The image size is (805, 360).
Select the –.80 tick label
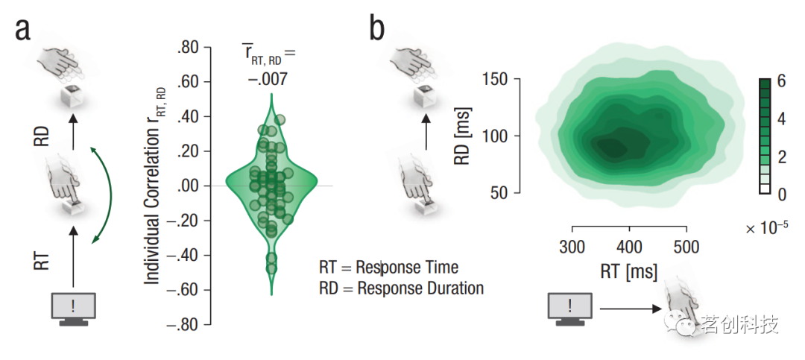coord(183,325)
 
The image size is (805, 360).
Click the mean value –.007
coord(268,78)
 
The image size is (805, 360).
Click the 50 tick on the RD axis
coord(508,192)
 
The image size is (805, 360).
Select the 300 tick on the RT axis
coord(572,247)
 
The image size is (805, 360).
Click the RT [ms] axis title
coord(629,272)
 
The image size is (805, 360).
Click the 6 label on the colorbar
coord(781,83)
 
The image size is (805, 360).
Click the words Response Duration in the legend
coord(420,288)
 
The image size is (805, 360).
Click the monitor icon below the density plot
coord(570,308)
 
